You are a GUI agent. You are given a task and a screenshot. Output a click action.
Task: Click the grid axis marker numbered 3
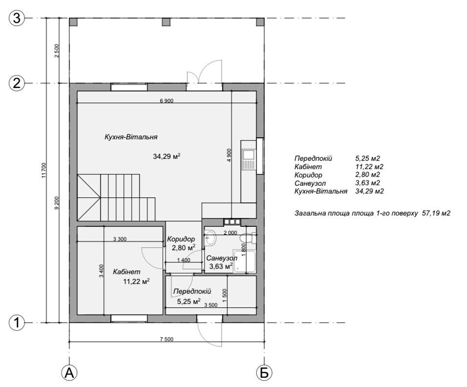[17, 18]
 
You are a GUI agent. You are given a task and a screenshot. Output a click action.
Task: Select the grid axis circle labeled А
[69, 373]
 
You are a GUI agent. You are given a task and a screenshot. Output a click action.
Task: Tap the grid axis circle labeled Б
[264, 373]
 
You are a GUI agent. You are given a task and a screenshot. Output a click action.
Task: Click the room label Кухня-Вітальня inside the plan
[131, 137]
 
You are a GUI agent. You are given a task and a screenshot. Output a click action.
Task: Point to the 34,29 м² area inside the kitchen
[166, 156]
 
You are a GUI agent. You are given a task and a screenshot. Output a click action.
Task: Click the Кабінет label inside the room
[126, 272]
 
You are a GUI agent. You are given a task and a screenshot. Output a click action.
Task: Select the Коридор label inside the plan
[181, 239]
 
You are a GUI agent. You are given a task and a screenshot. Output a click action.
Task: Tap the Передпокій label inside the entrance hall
[192, 291]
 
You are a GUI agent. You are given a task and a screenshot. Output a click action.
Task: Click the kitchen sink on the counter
[248, 159]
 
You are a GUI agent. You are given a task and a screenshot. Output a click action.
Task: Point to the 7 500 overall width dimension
[166, 339]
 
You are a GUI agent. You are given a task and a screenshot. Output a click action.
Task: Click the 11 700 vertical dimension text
[44, 170]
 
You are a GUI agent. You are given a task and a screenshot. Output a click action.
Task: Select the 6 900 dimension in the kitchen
[166, 101]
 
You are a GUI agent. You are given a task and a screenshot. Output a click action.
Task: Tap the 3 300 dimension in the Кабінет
[120, 239]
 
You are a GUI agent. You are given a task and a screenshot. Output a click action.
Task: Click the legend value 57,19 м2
[436, 213]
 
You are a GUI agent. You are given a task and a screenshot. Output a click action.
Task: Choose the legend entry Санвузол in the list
[310, 183]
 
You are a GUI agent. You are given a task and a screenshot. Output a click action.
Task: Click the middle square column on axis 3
[166, 22]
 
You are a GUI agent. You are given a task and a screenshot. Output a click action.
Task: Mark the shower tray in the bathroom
[244, 261]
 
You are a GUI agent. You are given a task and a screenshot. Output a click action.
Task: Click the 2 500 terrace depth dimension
[57, 51]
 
